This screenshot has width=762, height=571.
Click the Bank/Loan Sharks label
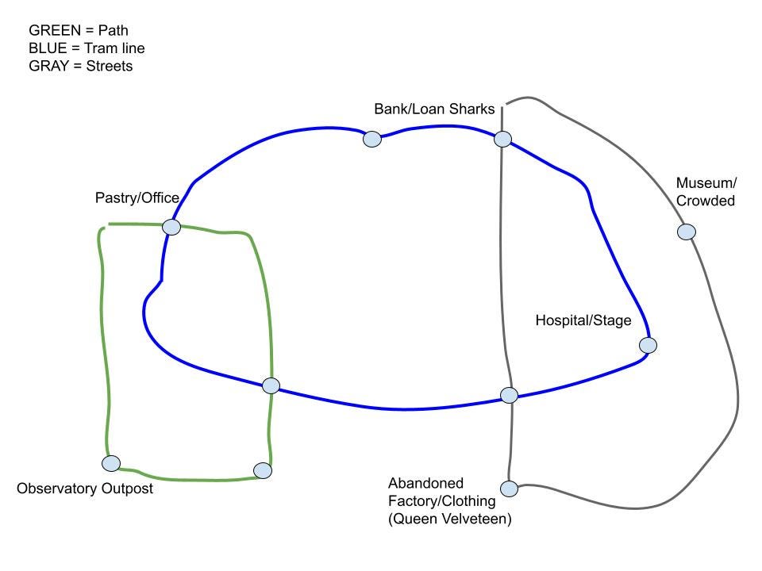point(434,109)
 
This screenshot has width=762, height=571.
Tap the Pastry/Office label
point(137,197)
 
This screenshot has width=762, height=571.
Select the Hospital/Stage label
point(583,320)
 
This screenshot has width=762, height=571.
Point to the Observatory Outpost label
point(84,489)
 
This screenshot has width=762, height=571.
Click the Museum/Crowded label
point(705,192)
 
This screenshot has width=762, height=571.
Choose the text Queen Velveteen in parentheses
point(449,519)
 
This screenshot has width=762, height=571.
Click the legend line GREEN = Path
point(79,31)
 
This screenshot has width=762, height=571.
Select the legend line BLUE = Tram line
point(87,48)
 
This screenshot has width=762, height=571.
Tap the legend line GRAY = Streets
point(80,66)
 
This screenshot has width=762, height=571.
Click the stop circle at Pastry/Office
point(171,228)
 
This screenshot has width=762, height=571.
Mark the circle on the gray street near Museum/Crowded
point(687,232)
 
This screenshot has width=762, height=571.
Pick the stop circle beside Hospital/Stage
point(648,345)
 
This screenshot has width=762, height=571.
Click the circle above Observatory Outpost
point(111,463)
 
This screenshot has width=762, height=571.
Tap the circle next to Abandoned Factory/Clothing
point(509,488)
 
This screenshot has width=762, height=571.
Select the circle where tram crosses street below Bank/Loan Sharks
point(502,140)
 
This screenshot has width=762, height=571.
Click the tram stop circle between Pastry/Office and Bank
point(371,140)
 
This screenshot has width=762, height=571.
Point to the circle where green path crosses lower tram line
point(271,385)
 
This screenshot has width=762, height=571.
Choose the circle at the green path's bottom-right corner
point(263,470)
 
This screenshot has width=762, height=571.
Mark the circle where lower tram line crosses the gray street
point(510,395)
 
